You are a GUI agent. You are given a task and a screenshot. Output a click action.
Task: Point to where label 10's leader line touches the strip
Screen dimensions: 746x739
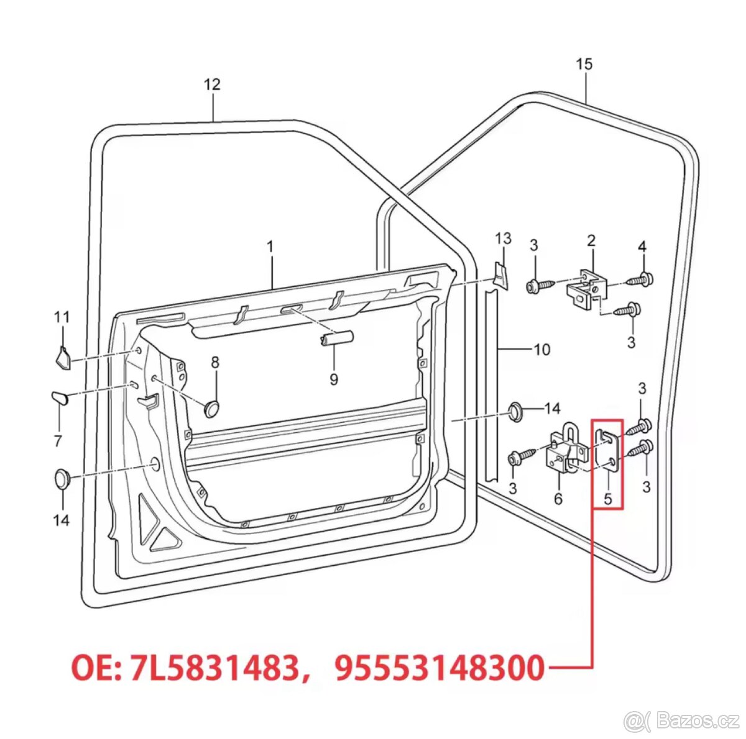498,350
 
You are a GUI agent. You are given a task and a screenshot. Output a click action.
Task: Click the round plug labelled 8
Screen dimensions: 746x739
212,409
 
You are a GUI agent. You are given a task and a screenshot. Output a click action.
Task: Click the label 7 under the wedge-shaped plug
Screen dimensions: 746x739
58,441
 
